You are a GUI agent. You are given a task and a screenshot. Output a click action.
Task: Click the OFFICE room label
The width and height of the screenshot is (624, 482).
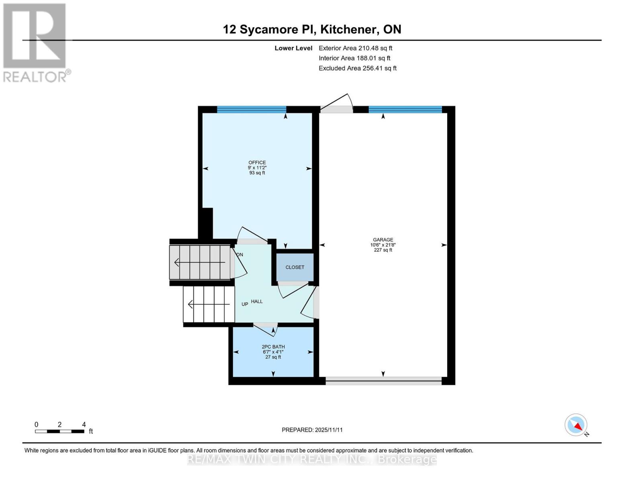pyautogui.click(x=257, y=163)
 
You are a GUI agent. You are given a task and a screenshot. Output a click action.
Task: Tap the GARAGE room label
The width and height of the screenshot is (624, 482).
pyautogui.click(x=383, y=240)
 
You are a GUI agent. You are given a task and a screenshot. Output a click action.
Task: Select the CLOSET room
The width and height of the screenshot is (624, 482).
pyautogui.click(x=295, y=267)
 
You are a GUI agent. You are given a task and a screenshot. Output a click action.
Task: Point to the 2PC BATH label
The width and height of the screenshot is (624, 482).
pyautogui.click(x=273, y=347)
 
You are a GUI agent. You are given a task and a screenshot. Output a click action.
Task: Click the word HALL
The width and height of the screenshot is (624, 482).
pyautogui.click(x=257, y=301)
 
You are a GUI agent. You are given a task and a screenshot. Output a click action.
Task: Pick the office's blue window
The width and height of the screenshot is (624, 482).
pyautogui.click(x=252, y=109)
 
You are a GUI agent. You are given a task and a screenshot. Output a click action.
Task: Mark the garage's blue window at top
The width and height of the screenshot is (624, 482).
pyautogui.click(x=405, y=109)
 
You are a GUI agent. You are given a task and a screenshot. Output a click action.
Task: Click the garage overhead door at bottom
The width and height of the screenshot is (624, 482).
pyautogui.click(x=383, y=381)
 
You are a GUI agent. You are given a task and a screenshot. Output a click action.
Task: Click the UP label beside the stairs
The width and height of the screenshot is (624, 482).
pyautogui.click(x=245, y=304)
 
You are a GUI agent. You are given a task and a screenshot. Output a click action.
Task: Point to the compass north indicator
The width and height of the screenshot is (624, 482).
pyautogui.click(x=576, y=425)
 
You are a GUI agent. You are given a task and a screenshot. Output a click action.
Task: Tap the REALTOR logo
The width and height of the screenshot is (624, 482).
pyautogui.click(x=36, y=42)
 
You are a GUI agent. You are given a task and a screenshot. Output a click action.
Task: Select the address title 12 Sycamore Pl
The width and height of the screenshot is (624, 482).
pyautogui.click(x=312, y=29)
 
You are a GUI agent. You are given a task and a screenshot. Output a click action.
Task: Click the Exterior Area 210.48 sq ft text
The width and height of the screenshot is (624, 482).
pyautogui.click(x=355, y=48)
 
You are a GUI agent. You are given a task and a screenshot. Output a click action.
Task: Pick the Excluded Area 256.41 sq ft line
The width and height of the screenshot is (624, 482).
pyautogui.click(x=357, y=68)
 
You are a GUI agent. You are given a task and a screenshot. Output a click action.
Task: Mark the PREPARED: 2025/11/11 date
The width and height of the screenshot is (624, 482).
pyautogui.click(x=312, y=430)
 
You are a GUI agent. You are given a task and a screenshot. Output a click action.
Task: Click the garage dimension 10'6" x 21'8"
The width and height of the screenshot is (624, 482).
pyautogui.click(x=383, y=245)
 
